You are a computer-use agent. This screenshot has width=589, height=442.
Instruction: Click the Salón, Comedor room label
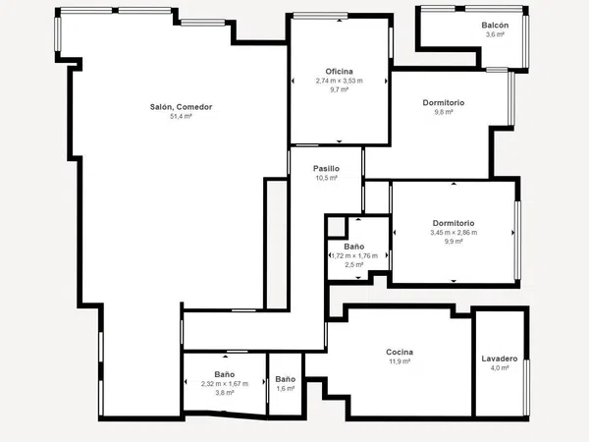[181, 107]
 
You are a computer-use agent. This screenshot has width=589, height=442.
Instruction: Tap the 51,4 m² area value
[181, 117]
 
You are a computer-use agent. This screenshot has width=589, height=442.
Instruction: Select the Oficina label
[340, 72]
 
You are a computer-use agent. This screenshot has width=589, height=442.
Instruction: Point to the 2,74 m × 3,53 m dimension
[340, 81]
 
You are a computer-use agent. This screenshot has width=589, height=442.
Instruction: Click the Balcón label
[495, 26]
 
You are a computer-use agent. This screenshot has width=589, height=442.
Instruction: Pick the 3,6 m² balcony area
[495, 34]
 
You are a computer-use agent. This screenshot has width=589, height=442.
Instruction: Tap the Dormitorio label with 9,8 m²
[444, 102]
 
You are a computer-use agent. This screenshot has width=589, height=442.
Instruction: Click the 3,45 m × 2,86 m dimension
[454, 233]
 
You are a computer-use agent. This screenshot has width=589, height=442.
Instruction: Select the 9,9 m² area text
[454, 242]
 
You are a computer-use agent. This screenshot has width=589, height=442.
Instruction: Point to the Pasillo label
[327, 169]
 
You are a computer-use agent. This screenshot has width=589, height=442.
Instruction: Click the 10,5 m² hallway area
[327, 178]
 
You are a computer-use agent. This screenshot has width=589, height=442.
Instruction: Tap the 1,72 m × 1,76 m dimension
[354, 256]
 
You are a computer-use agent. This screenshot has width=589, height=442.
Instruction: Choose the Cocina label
[400, 353]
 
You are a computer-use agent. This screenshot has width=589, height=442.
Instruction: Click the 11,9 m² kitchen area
[400, 361]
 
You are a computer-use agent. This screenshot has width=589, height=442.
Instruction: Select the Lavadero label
[500, 359]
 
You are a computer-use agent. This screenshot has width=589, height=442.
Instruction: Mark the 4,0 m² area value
[500, 368]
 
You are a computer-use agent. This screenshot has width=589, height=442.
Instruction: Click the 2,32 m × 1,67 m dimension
[225, 384]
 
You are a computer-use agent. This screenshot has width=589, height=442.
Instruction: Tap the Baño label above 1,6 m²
[286, 379]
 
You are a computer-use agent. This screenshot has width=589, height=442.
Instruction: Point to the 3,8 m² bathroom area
[225, 393]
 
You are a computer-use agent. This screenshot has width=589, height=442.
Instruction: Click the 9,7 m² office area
[340, 89]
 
